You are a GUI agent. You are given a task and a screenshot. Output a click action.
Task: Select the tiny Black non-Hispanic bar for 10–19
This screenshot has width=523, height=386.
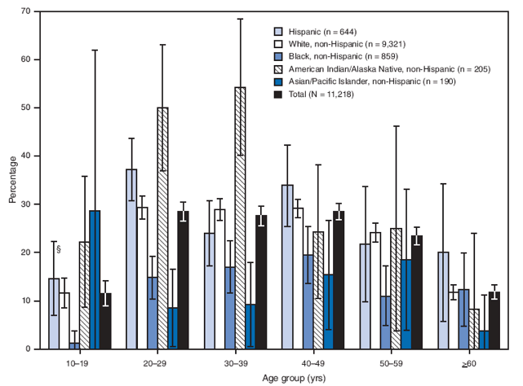74,345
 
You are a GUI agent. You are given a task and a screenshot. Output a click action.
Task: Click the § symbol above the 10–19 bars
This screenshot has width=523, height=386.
58,250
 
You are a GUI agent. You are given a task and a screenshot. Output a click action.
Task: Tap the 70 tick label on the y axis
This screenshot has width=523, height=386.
27,11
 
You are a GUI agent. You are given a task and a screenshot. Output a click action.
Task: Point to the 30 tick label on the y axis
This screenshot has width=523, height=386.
27,204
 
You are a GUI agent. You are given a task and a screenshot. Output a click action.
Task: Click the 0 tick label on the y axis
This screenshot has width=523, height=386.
29,349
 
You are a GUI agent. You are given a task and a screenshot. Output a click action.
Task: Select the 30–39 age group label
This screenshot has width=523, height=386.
242,363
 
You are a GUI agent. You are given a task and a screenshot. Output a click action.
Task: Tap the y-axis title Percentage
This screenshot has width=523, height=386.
10,181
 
